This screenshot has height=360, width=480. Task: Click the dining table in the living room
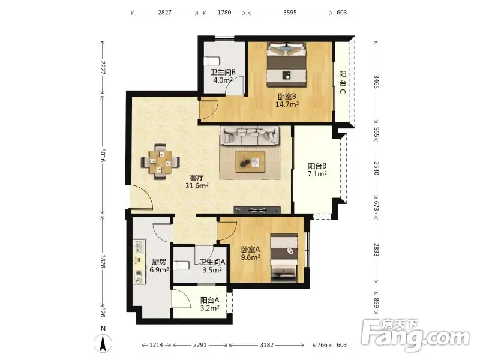pyautogui.click(x=160, y=161)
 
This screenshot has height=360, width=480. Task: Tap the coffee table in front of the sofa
pyautogui.click(x=250, y=161)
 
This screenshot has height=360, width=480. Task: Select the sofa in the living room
pyautogui.click(x=250, y=136)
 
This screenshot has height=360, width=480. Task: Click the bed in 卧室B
pyautogui.click(x=287, y=64)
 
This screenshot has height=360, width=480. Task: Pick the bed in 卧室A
pyautogui.click(x=284, y=258)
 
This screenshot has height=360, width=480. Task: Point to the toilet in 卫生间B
pyautogui.click(x=212, y=61)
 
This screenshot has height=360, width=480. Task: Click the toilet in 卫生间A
pyautogui.click(x=181, y=265)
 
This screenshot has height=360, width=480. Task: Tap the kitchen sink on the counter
pyautogui.click(x=139, y=247)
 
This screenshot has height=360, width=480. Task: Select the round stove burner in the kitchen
pyautogui.click(x=140, y=273)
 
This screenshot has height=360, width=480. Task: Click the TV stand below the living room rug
pyautogui.click(x=257, y=210)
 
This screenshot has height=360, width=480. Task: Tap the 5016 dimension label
pyautogui.click(x=103, y=155)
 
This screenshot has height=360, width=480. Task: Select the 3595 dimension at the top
pyautogui.click(x=290, y=13)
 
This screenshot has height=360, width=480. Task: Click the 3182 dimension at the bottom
pyautogui.click(x=266, y=345)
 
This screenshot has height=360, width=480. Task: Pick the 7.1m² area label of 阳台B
pyautogui.click(x=317, y=174)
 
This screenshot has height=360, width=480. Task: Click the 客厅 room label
pyautogui.click(x=197, y=178)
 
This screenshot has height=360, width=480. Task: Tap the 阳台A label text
pyautogui.click(x=209, y=301)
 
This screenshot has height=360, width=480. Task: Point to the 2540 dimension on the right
pyautogui.click(x=377, y=169)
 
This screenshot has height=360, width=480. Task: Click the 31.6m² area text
pyautogui.click(x=197, y=185)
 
